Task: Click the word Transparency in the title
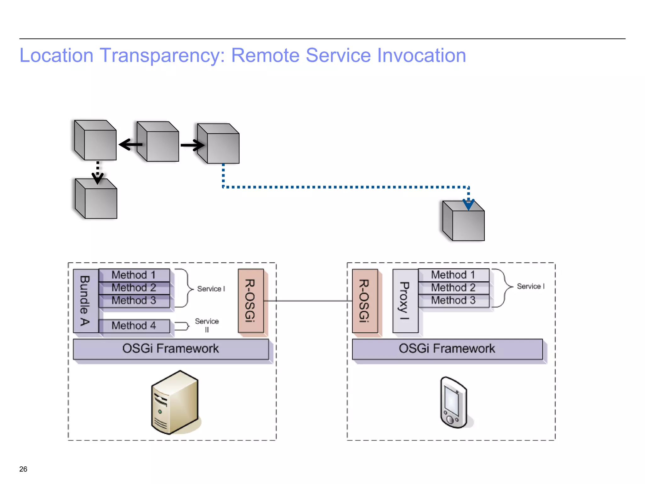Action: (162, 56)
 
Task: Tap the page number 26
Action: (23, 469)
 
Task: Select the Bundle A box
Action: (85, 301)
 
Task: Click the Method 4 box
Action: (134, 326)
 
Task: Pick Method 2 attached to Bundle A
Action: (134, 288)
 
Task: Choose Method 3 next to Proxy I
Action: (453, 300)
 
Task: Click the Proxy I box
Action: (405, 301)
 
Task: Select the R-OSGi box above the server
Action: (251, 301)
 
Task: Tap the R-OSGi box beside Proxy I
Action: (365, 301)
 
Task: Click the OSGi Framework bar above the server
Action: (170, 349)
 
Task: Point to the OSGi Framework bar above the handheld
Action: (447, 349)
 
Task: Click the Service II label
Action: (207, 325)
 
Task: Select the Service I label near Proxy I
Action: (530, 286)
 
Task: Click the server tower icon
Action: (174, 402)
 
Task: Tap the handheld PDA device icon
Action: (453, 402)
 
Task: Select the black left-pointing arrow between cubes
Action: (130, 145)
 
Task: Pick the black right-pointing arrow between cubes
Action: (192, 145)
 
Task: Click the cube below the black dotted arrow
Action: (96, 199)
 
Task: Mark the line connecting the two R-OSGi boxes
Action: (308, 301)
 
